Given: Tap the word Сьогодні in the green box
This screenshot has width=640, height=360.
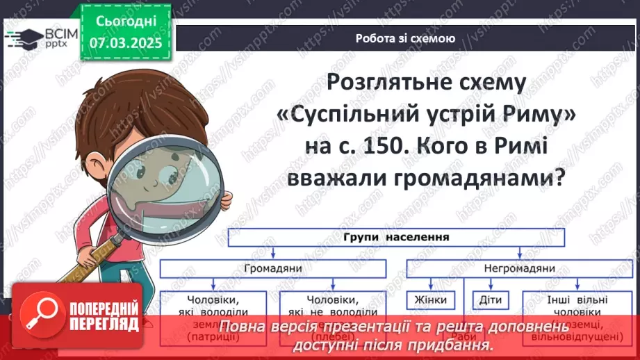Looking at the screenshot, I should pos(125,23).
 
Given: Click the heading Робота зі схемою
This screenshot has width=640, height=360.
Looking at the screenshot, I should pos(405,39).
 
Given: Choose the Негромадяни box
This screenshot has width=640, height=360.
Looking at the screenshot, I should pos(520,267).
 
